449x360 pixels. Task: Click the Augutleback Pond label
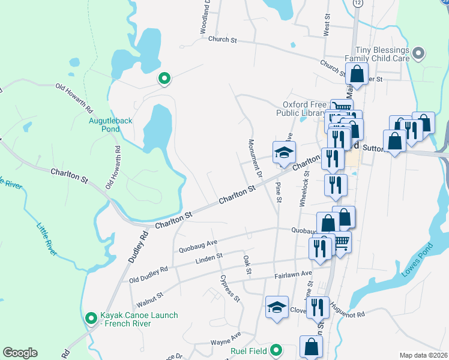pos(110,124)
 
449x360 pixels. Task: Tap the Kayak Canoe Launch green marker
pos(91,318)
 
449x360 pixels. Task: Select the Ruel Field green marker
pos(276,349)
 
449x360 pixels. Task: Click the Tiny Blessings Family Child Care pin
pos(419,54)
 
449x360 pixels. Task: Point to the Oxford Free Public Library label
pos(303,109)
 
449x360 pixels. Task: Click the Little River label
pos(46,240)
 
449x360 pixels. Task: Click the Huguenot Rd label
pos(347,305)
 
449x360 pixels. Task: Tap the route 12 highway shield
pos(358,4)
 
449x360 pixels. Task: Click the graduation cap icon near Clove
pos(277,307)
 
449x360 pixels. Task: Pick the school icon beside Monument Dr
pos(284,152)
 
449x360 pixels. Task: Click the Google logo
pos(20,353)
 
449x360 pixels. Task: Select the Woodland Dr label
pos(204,17)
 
